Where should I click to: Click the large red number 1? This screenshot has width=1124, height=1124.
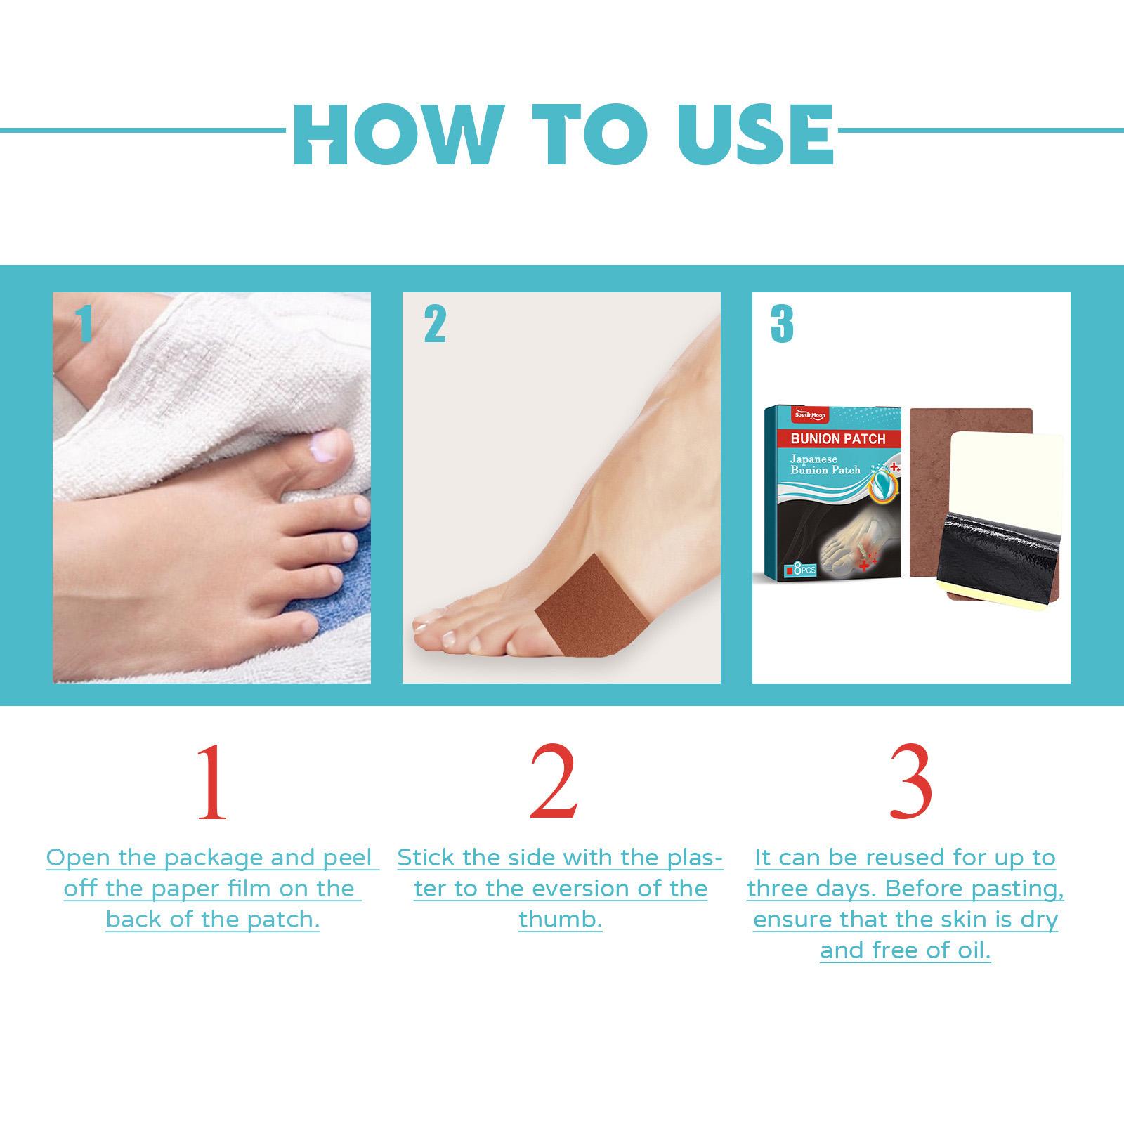[211, 783]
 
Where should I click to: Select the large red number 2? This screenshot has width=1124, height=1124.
[554, 783]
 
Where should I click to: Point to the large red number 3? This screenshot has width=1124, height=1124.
[910, 783]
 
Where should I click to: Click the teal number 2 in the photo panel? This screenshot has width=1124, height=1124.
[435, 325]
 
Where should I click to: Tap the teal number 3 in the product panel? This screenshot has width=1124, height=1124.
[782, 325]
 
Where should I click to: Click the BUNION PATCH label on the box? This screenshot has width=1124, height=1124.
[837, 439]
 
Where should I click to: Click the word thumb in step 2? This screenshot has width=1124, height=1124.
[561, 919]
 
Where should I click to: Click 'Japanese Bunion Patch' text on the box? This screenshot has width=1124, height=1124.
[825, 464]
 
